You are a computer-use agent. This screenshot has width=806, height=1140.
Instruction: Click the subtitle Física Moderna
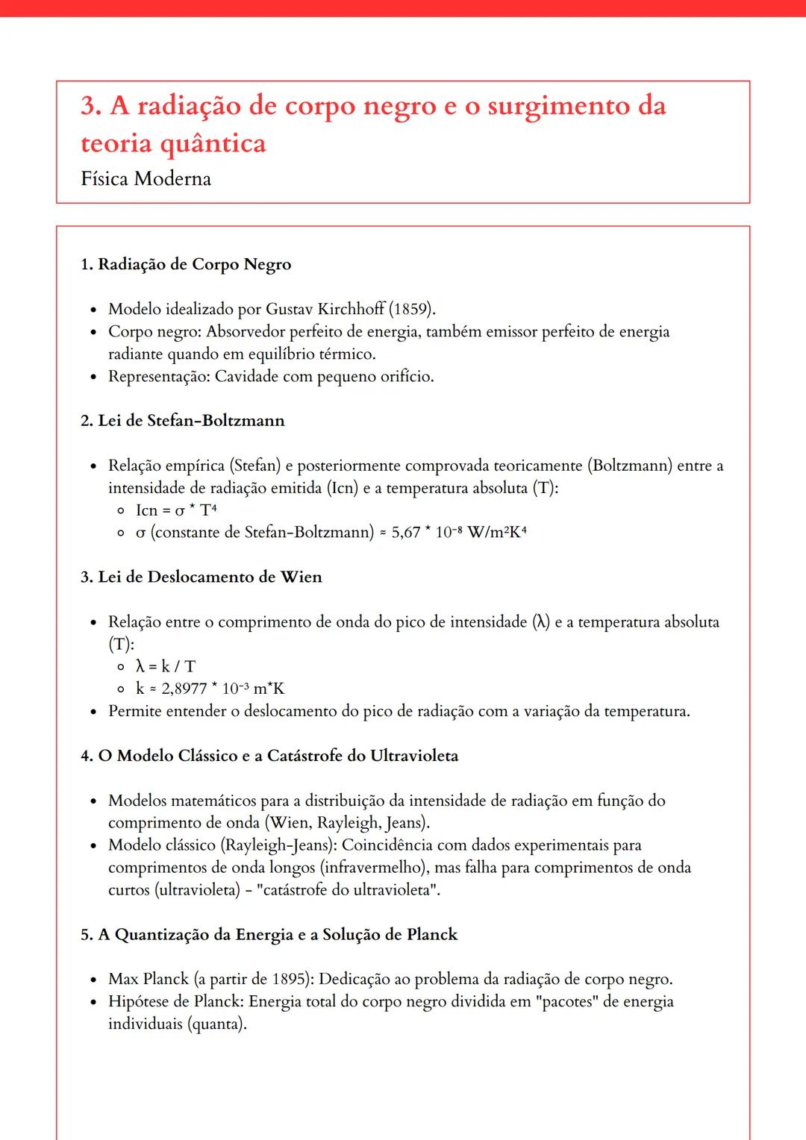[x=146, y=179]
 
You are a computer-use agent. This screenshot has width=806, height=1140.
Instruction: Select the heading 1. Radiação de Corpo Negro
[x=186, y=264]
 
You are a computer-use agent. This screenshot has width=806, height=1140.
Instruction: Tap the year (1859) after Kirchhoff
[x=412, y=309]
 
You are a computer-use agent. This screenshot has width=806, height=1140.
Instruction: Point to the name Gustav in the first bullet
[x=290, y=309]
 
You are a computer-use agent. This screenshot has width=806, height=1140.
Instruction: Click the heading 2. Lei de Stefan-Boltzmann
[x=183, y=421]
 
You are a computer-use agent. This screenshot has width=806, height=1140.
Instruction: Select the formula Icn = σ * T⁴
[x=176, y=510]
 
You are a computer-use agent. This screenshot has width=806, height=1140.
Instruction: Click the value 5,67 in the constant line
[x=406, y=533]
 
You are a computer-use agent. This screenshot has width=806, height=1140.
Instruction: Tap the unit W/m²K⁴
[x=497, y=533]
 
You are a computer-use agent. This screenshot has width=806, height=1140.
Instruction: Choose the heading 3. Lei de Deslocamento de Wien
[x=201, y=577]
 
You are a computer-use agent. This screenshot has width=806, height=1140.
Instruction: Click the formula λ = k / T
[x=165, y=666]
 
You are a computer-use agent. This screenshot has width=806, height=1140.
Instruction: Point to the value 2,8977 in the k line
[x=184, y=689]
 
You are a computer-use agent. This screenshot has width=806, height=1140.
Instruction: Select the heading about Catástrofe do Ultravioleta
[x=269, y=756]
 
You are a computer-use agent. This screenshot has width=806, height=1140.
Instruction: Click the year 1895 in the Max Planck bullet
[x=287, y=980]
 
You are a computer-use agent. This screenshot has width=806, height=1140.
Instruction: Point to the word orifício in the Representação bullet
[x=406, y=376]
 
